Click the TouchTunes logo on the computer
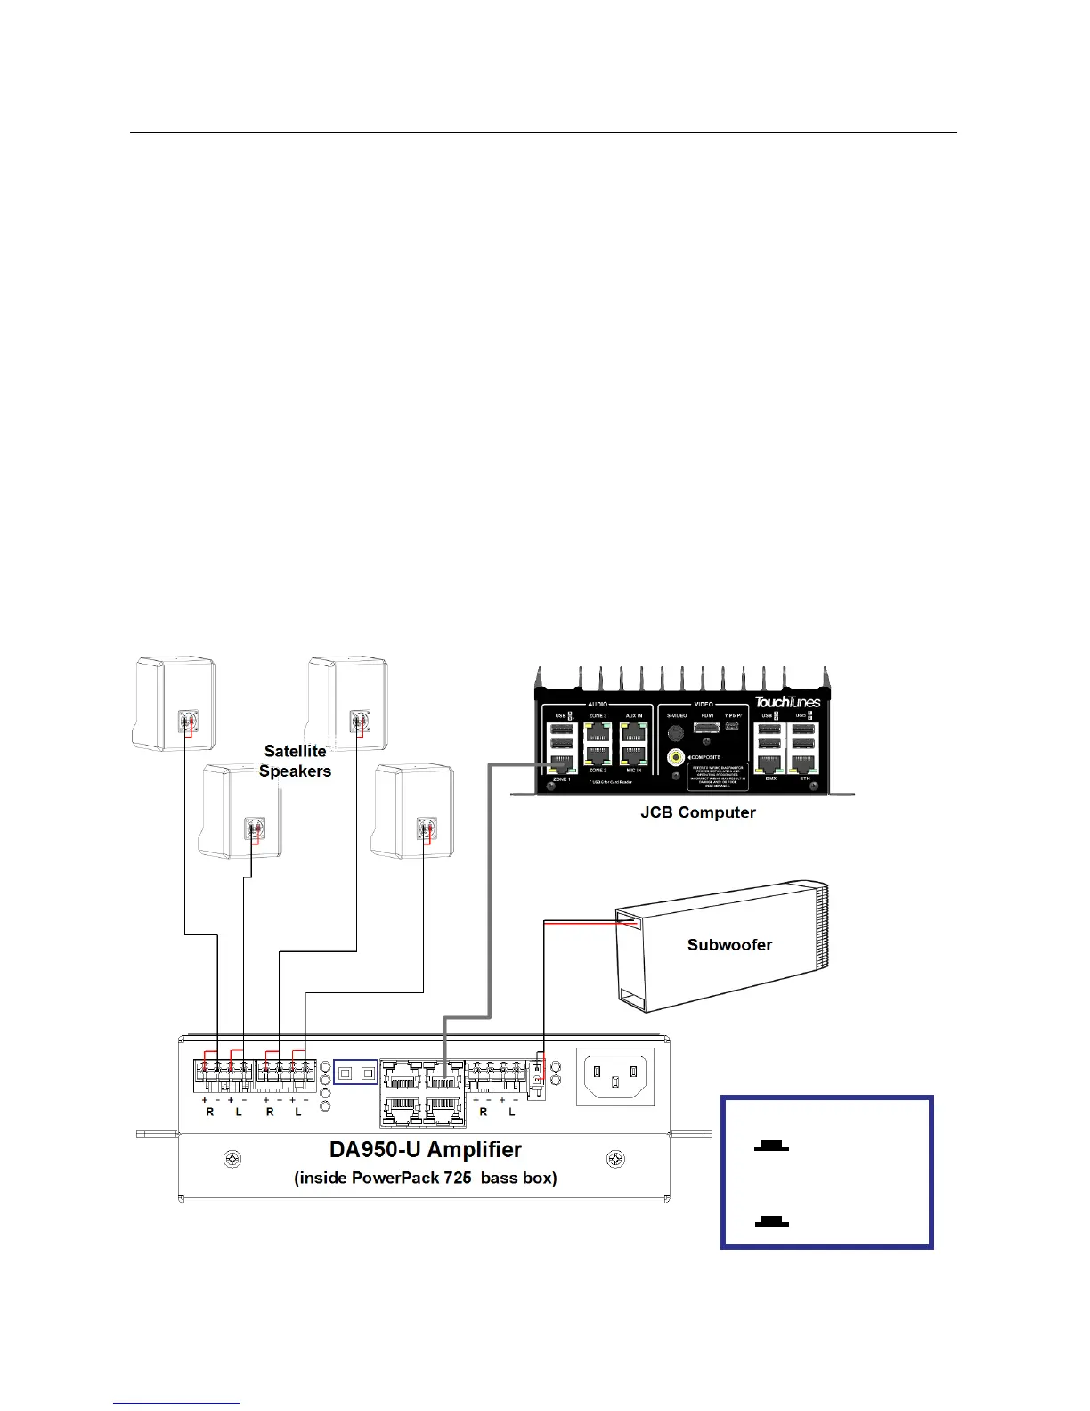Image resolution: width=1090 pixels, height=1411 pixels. [x=787, y=702]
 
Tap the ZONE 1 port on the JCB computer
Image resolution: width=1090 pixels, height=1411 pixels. [x=563, y=763]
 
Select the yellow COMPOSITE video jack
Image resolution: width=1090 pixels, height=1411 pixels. [x=677, y=758]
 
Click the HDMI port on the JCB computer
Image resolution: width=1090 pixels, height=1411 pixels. [x=706, y=729]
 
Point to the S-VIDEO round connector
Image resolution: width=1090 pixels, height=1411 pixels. [x=676, y=732]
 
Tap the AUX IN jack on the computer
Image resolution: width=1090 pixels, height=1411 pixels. [x=633, y=732]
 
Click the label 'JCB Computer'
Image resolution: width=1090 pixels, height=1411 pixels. [x=697, y=812]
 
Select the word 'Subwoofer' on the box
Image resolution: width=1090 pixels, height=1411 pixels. [x=729, y=945]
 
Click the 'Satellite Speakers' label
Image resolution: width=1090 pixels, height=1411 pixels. [x=295, y=762]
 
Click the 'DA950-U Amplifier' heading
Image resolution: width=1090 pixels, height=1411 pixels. [x=426, y=1150]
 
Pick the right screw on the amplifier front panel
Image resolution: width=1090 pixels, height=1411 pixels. [x=615, y=1160]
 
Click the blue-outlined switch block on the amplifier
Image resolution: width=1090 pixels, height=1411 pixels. [x=355, y=1073]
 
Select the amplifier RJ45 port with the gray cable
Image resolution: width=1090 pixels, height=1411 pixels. [x=443, y=1078]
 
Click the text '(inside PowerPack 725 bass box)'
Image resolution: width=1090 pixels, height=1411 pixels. [x=426, y=1179]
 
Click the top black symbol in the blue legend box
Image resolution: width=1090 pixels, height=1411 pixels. [x=771, y=1146]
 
